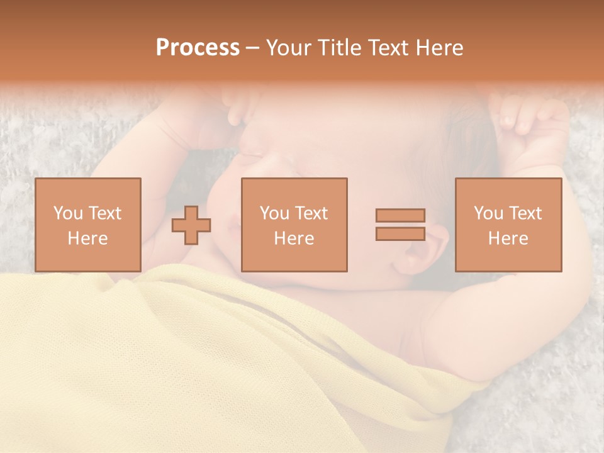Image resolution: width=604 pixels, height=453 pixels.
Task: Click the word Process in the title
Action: (198, 48)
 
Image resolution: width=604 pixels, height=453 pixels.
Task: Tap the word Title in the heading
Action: (340, 48)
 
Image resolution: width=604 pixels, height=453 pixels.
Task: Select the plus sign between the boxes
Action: (191, 225)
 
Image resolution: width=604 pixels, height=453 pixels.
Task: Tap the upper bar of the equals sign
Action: (400, 215)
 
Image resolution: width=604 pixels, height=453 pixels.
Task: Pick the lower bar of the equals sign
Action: (400, 234)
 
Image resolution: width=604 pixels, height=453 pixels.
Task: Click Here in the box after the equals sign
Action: (508, 238)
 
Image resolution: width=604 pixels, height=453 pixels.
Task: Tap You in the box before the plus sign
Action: (68, 213)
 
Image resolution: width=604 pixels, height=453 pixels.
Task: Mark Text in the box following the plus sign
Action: (311, 213)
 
